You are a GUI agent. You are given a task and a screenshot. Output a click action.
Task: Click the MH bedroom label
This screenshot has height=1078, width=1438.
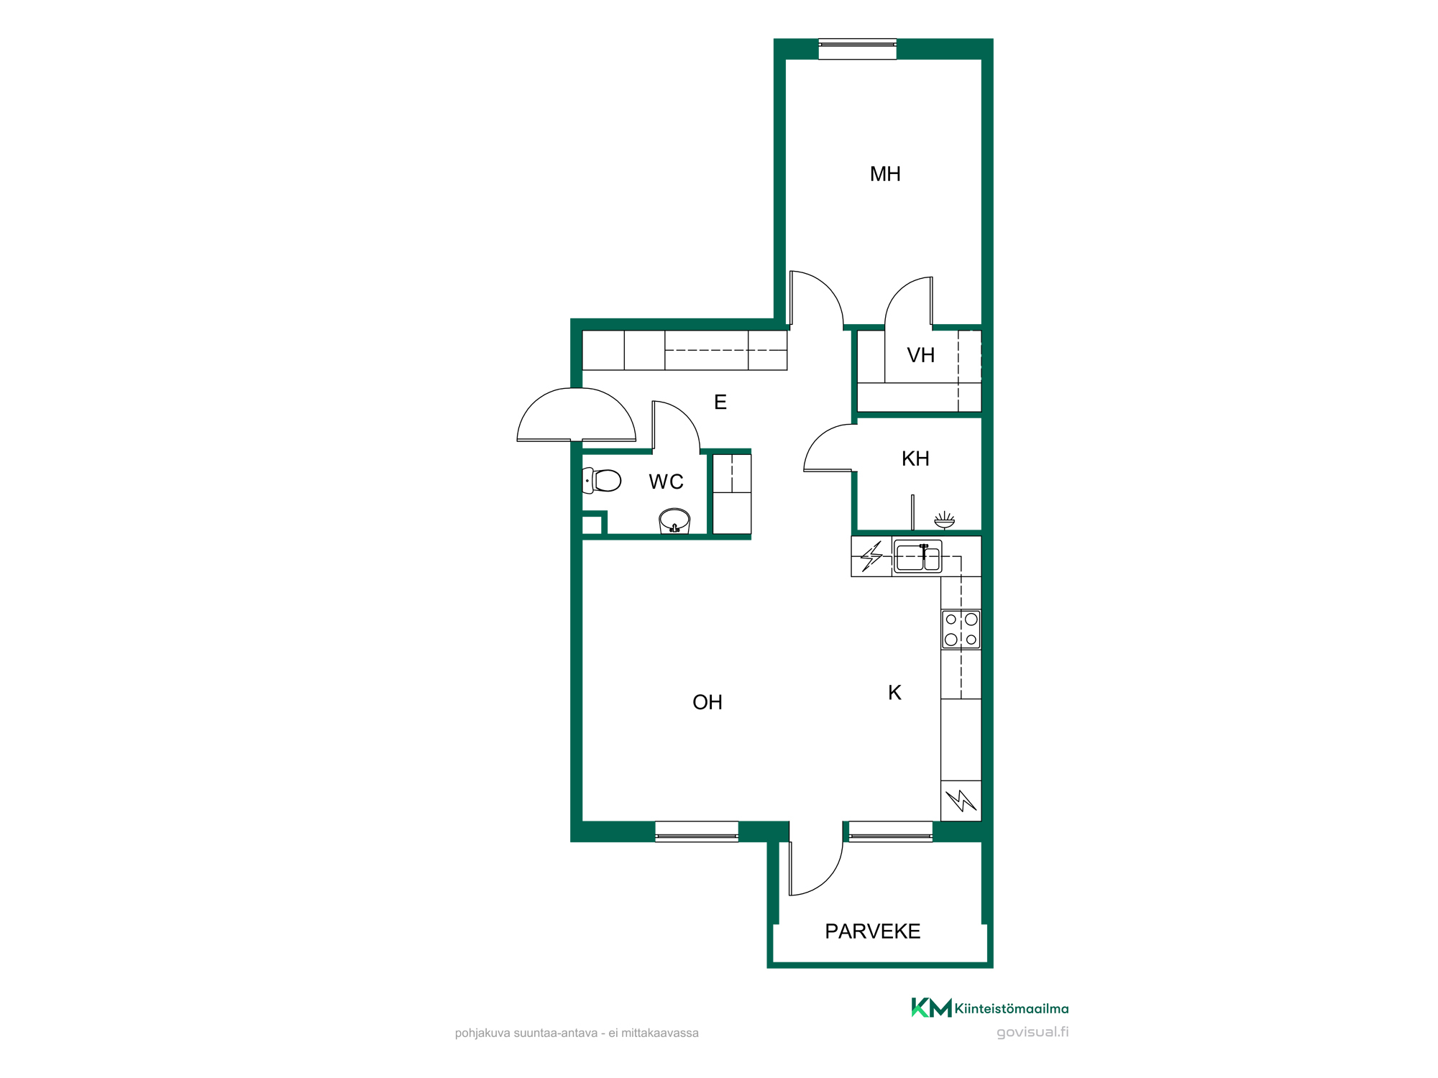(x=885, y=174)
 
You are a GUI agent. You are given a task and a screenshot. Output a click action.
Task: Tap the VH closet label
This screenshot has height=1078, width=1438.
(x=921, y=355)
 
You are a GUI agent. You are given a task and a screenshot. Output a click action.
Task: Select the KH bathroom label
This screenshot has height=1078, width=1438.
(x=915, y=459)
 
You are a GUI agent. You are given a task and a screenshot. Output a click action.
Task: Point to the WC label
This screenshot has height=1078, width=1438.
(x=666, y=482)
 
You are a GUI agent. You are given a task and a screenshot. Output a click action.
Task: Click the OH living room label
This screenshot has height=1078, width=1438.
(x=707, y=702)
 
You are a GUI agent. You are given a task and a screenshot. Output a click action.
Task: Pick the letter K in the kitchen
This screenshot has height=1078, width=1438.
(x=894, y=692)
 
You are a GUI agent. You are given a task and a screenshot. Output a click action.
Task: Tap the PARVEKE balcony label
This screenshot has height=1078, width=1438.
(x=873, y=931)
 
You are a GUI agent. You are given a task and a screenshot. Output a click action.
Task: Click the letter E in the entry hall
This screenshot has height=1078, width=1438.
(x=720, y=402)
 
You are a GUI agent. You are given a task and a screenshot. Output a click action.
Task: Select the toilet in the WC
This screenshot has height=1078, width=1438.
(x=601, y=480)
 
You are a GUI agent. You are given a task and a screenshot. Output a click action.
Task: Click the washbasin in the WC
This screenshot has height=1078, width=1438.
(x=674, y=521)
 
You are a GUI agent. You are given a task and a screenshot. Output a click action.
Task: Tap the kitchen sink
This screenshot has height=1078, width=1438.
(x=917, y=557)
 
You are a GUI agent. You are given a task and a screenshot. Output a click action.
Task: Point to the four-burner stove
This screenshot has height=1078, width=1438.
(x=961, y=630)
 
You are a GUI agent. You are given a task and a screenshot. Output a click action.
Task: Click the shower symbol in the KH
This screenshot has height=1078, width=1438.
(x=944, y=520)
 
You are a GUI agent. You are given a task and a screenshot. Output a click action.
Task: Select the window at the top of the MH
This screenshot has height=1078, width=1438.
(x=858, y=49)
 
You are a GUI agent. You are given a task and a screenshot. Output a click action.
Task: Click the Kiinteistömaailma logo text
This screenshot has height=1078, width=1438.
(x=1012, y=1009)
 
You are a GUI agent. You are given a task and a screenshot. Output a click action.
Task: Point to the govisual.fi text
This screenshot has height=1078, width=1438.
(x=1032, y=1032)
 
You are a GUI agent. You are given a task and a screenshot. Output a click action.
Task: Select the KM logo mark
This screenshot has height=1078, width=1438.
(x=931, y=1008)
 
